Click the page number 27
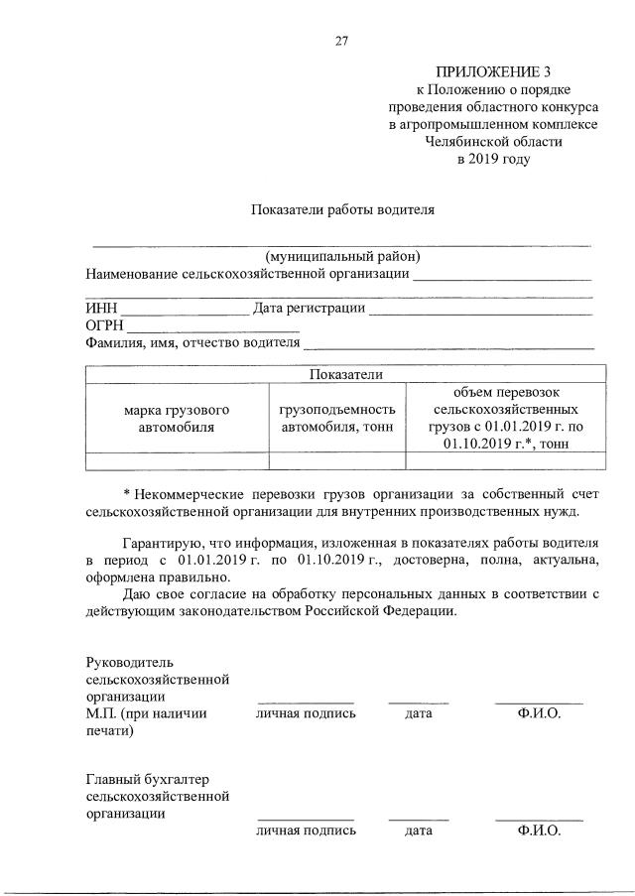click(341, 41)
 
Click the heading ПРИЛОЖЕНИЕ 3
click(492, 72)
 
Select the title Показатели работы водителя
click(341, 209)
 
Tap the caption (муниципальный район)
click(342, 257)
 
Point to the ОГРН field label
click(105, 325)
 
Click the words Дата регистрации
click(309, 309)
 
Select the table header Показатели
click(345, 374)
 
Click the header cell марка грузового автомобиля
click(177, 418)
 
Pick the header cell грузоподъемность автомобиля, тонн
click(337, 418)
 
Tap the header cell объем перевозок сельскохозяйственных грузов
click(506, 418)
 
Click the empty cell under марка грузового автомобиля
click(177, 459)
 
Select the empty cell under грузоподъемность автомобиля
click(337, 459)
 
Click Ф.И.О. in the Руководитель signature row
click(539, 713)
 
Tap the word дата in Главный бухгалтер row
click(418, 831)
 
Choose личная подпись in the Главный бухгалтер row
click(306, 831)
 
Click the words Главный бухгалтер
click(147, 778)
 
